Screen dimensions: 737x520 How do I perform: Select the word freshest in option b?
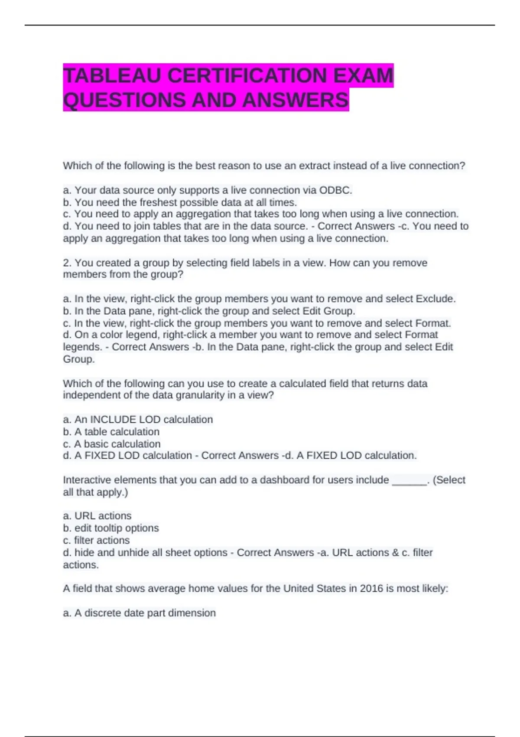click(159, 202)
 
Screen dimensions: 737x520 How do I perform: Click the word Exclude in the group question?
click(435, 299)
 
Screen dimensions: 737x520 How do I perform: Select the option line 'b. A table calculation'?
click(111, 432)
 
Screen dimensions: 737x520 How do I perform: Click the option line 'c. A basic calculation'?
click(112, 444)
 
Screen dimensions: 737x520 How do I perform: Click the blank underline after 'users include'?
click(409, 480)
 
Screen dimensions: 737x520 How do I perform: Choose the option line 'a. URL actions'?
click(97, 516)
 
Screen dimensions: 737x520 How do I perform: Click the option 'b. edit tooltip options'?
click(111, 528)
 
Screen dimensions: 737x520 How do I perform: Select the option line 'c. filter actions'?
click(96, 540)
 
